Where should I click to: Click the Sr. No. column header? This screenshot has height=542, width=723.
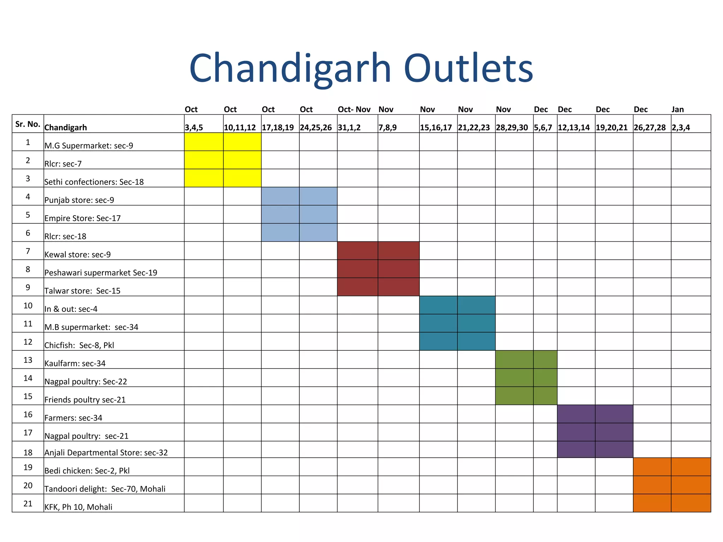pyautogui.click(x=28, y=124)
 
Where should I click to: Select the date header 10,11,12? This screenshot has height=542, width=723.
pyautogui.click(x=240, y=128)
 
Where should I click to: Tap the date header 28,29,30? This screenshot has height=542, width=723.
pyautogui.click(x=512, y=128)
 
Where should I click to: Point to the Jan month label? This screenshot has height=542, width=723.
pyautogui.click(x=677, y=109)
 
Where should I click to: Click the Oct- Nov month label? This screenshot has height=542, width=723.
pyautogui.click(x=354, y=109)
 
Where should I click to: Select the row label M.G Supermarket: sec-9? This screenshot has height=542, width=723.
pyautogui.click(x=89, y=146)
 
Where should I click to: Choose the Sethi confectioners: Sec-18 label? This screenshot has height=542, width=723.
pyautogui.click(x=94, y=182)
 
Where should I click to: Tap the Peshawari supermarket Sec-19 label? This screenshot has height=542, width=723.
pyautogui.click(x=101, y=273)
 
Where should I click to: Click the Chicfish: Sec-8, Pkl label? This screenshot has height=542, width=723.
pyautogui.click(x=79, y=345)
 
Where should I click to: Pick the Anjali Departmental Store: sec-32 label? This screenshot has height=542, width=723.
pyautogui.click(x=106, y=453)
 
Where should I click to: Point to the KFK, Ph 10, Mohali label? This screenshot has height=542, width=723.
pyautogui.click(x=78, y=507)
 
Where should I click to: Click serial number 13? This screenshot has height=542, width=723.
pyautogui.click(x=28, y=360)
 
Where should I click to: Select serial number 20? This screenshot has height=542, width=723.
pyautogui.click(x=28, y=486)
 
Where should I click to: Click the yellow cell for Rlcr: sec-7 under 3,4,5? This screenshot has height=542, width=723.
pyautogui.click(x=204, y=160)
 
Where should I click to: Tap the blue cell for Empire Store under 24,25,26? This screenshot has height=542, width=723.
pyautogui.click(x=318, y=215)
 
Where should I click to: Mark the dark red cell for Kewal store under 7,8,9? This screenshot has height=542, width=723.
pyautogui.click(x=399, y=251)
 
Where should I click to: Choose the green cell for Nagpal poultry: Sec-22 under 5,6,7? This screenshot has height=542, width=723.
pyautogui.click(x=545, y=378)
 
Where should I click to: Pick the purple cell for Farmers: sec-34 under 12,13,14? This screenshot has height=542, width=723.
pyautogui.click(x=576, y=414)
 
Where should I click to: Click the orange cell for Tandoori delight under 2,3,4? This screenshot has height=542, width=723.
pyautogui.click(x=691, y=485)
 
